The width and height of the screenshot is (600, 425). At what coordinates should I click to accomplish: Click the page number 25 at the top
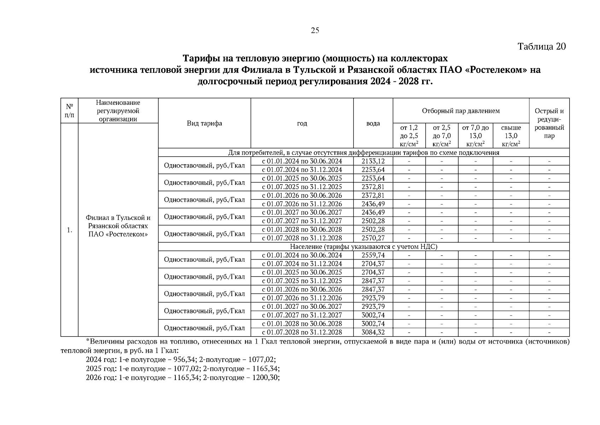(315, 30)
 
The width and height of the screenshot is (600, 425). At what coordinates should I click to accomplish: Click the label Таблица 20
(542, 47)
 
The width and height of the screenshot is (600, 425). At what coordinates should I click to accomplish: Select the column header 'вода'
(373, 123)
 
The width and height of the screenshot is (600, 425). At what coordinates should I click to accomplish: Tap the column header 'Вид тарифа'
(204, 123)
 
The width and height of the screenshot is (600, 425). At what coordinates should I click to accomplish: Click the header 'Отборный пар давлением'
(461, 111)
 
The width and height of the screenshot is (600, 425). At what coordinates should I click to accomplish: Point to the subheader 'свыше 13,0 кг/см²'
(511, 136)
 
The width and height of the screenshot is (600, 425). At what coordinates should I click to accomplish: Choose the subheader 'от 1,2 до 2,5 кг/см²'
(409, 136)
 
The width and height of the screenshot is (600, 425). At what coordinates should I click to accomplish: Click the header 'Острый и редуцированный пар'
(549, 123)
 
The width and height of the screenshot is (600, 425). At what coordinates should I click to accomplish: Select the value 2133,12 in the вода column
(373, 161)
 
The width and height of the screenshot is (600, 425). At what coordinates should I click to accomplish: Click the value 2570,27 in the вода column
(373, 238)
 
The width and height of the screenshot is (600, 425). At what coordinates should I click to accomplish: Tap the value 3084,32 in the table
(373, 332)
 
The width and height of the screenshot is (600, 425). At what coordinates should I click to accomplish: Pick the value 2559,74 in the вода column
(373, 255)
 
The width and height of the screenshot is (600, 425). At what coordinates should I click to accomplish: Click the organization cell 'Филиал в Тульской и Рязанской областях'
(118, 226)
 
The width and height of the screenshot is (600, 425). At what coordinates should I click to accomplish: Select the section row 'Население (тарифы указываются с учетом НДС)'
(363, 246)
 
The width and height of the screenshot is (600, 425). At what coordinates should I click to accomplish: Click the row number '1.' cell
(69, 230)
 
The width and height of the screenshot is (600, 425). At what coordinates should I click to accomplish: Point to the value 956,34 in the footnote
(185, 360)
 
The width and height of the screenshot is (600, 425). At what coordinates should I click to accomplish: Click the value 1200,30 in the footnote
(265, 378)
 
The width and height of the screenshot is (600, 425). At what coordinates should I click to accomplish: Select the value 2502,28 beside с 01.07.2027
(373, 221)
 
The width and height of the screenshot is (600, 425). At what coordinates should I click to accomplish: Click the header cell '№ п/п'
(69, 110)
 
